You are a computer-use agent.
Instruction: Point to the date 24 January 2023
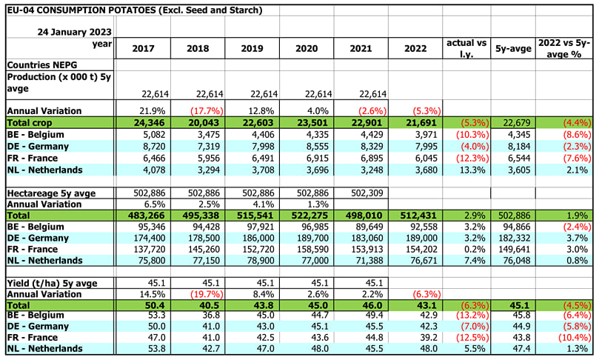coord(75,32)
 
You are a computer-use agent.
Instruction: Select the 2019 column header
coord(252,49)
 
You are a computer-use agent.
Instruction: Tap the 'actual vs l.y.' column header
coord(466,49)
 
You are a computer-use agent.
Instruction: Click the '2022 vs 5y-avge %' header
coord(564,49)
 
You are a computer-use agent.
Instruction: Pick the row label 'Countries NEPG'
coord(42,64)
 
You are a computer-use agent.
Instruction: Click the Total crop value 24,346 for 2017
coord(150,123)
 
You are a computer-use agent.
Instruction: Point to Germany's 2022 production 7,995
coord(426,147)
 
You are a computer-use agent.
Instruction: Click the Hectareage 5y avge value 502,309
coord(367,193)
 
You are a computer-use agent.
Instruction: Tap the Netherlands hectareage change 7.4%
coord(475,260)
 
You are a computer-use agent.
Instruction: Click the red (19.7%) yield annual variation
coord(207,294)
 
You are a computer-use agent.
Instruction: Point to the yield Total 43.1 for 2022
coord(428,305)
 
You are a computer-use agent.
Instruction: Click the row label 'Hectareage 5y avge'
coord(51,193)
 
